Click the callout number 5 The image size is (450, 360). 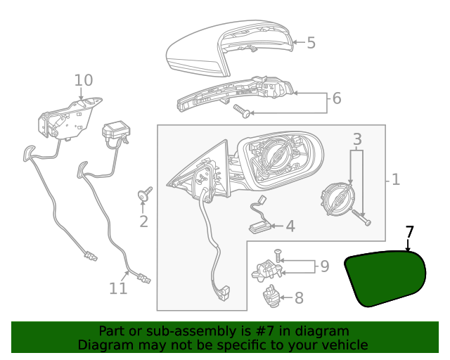(311, 43)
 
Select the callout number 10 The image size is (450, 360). (84, 80)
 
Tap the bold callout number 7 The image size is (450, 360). (410, 231)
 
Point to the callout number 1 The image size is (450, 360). (395, 180)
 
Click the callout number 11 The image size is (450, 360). (118, 288)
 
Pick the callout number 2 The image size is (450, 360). (143, 222)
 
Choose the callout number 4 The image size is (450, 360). (290, 226)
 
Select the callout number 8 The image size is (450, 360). (299, 298)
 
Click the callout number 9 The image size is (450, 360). (324, 266)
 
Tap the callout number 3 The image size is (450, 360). (357, 139)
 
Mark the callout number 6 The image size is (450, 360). (336, 98)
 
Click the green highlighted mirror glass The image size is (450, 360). (385, 278)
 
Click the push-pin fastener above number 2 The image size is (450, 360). (146, 194)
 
